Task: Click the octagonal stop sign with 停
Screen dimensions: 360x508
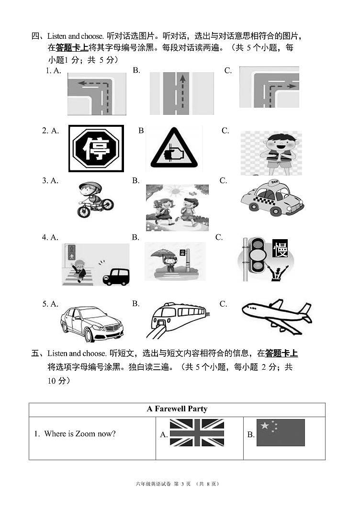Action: pos(96,148)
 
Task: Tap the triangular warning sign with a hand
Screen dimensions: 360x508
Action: pos(174,148)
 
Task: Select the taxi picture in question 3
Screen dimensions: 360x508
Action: pos(272,198)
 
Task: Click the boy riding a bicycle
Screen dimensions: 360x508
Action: pos(95,199)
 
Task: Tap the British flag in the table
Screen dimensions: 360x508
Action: pos(197,432)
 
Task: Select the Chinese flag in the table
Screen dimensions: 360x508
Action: pos(281,432)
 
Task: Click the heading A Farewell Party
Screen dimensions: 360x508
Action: pos(177,409)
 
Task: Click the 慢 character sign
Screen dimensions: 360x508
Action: pos(280,248)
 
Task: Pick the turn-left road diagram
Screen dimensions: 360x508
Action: pos(97,94)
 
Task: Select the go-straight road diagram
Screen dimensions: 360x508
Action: pos(181,93)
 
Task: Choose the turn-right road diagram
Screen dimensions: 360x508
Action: pos(269,87)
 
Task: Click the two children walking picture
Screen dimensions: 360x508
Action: pos(177,208)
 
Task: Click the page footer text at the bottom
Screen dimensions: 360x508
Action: pos(178,484)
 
